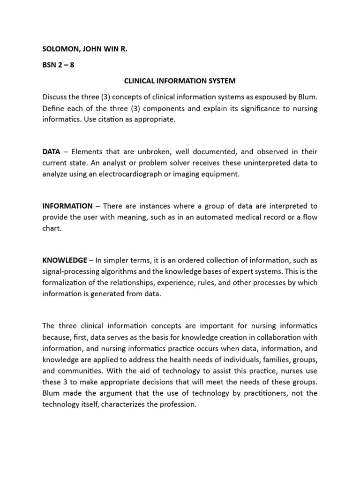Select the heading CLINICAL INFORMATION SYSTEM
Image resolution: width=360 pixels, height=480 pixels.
click(180, 81)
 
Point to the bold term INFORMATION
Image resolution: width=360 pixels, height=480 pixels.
click(67, 206)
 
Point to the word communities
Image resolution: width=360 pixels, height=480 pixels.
click(79, 369)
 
